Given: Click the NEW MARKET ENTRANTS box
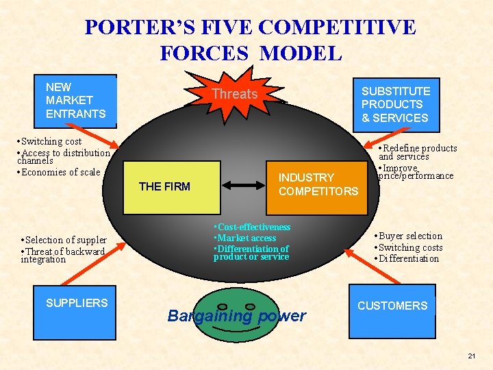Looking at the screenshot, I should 76,100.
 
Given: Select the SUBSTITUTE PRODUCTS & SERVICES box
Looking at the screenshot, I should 396,104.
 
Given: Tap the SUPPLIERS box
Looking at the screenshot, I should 77,303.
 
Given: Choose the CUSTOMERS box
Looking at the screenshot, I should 392,306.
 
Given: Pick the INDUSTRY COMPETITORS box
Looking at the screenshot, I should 318,184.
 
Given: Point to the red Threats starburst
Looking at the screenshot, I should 235,94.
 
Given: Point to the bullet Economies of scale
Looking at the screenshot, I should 60,172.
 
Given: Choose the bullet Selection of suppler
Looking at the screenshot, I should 64,240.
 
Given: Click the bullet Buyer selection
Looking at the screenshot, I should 409,236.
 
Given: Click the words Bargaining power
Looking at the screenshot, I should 237,316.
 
